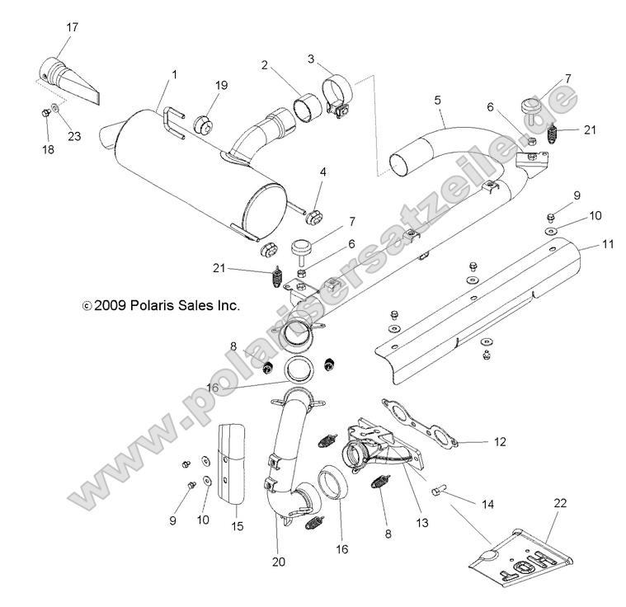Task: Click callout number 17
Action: [x=73, y=27]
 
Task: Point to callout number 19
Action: [x=199, y=85]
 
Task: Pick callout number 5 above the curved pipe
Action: [x=438, y=101]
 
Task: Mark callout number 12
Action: [x=499, y=442]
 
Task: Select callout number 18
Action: [x=47, y=149]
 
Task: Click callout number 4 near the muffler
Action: [x=323, y=173]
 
